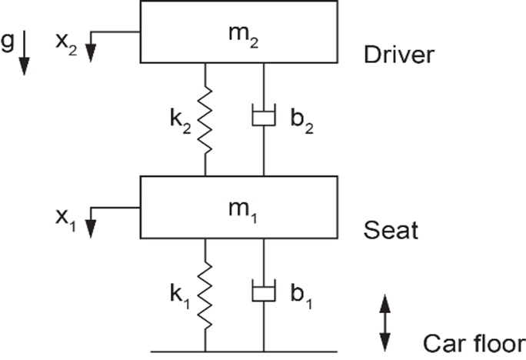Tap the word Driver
click(399, 55)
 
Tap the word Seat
click(391, 230)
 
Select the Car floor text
click(474, 343)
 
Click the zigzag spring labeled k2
click(205, 120)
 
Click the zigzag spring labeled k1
click(205, 295)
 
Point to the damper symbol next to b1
click(264, 290)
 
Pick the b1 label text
click(301, 296)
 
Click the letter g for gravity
click(8, 42)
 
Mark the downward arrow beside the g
click(24, 52)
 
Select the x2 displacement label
click(66, 44)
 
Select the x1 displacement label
click(66, 220)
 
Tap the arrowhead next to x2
click(91, 53)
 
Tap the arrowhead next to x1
click(91, 228)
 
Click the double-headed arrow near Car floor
click(385, 323)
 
